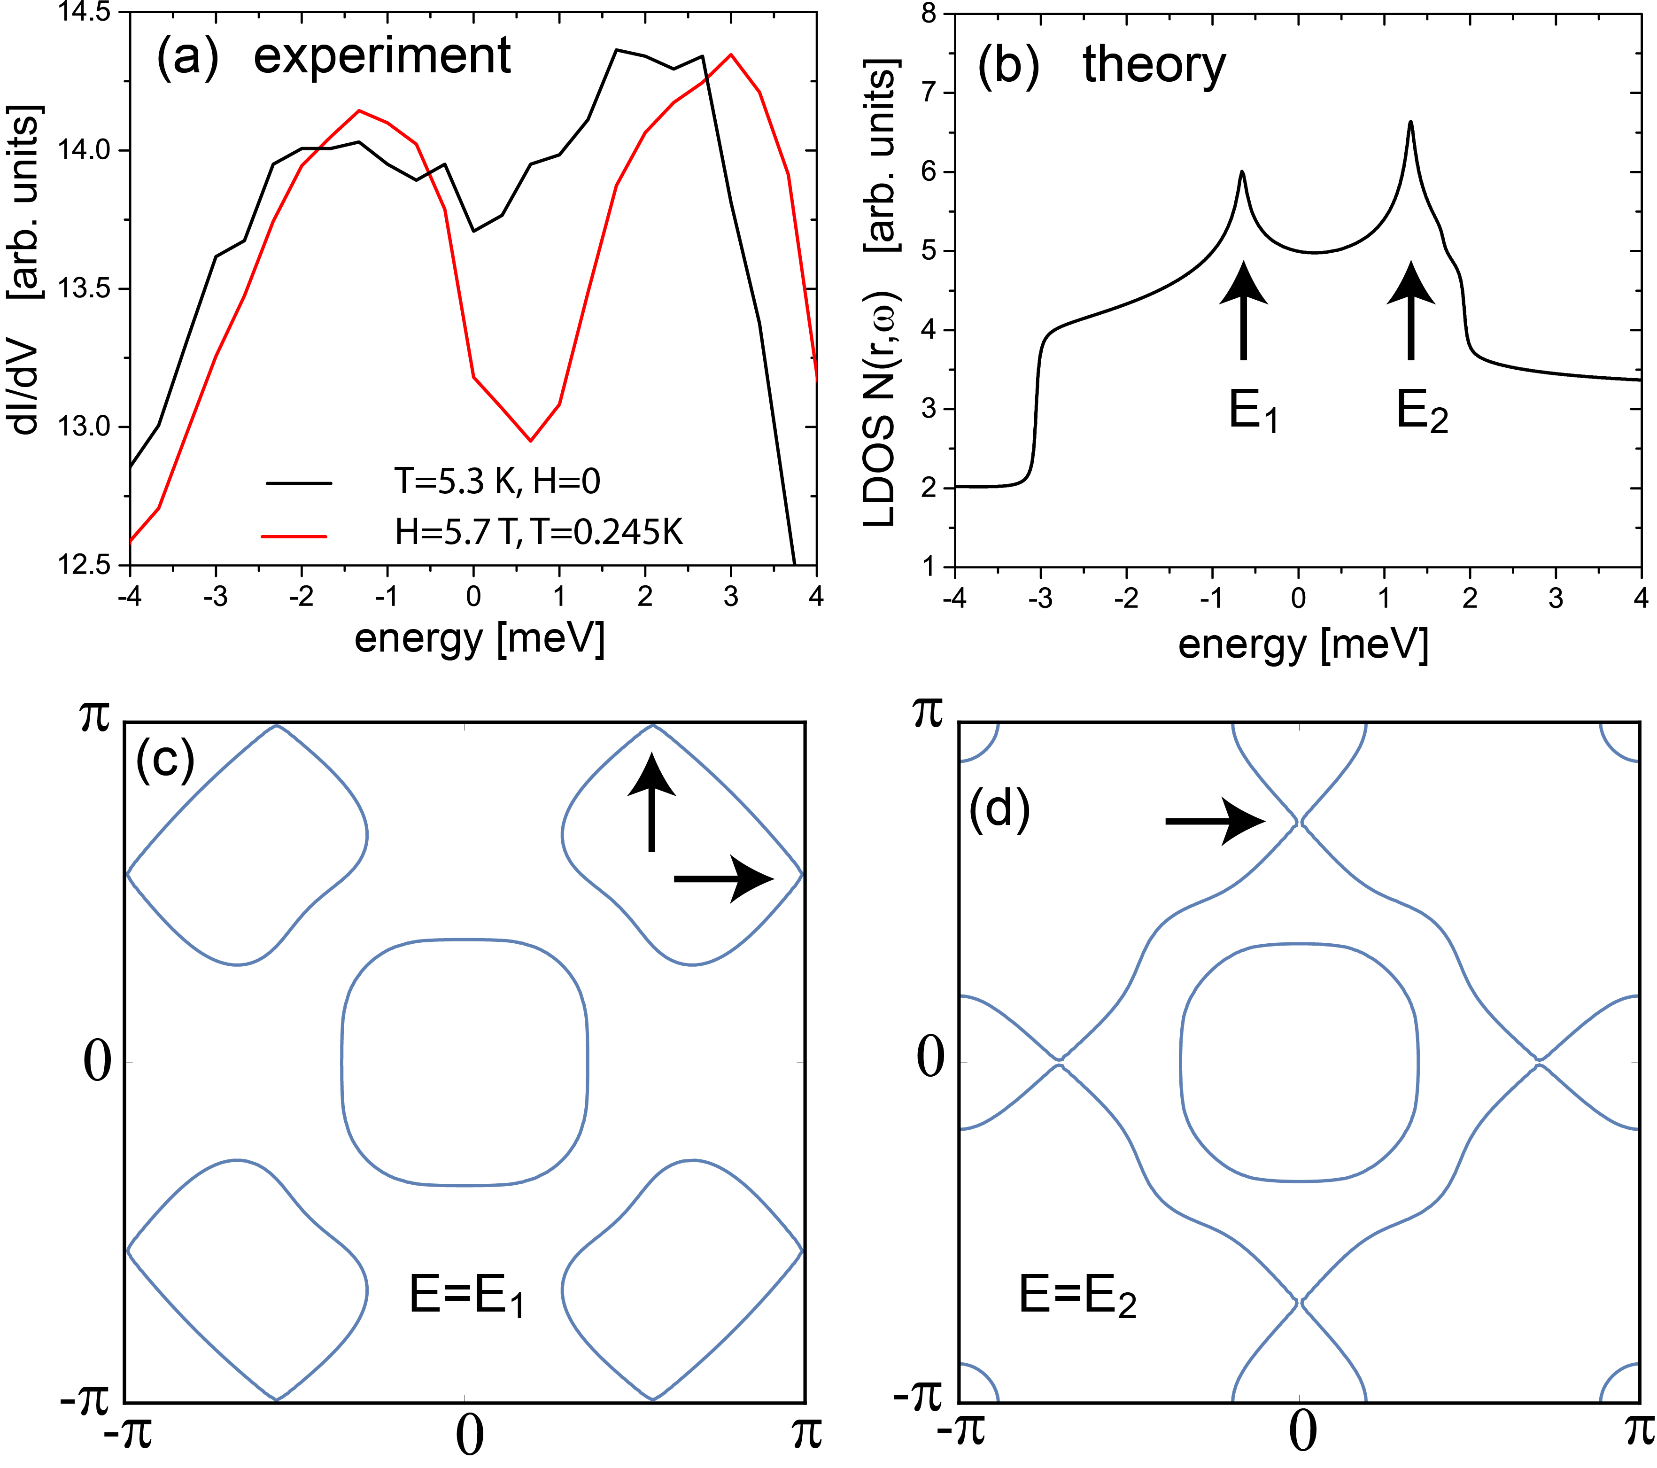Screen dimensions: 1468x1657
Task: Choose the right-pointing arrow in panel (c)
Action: click(723, 878)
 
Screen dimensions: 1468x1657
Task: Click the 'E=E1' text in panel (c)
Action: click(466, 1295)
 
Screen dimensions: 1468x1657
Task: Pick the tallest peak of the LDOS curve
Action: click(1410, 123)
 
